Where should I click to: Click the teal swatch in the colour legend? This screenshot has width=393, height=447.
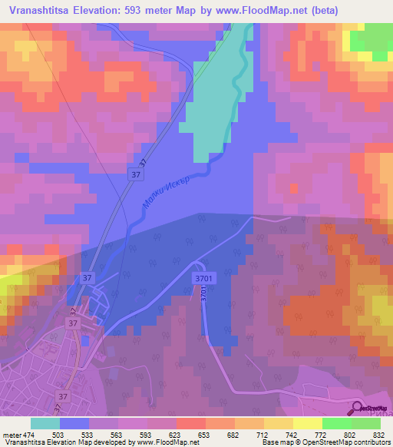(x=45, y=423)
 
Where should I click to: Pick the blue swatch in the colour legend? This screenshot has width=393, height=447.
(x=74, y=423)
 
